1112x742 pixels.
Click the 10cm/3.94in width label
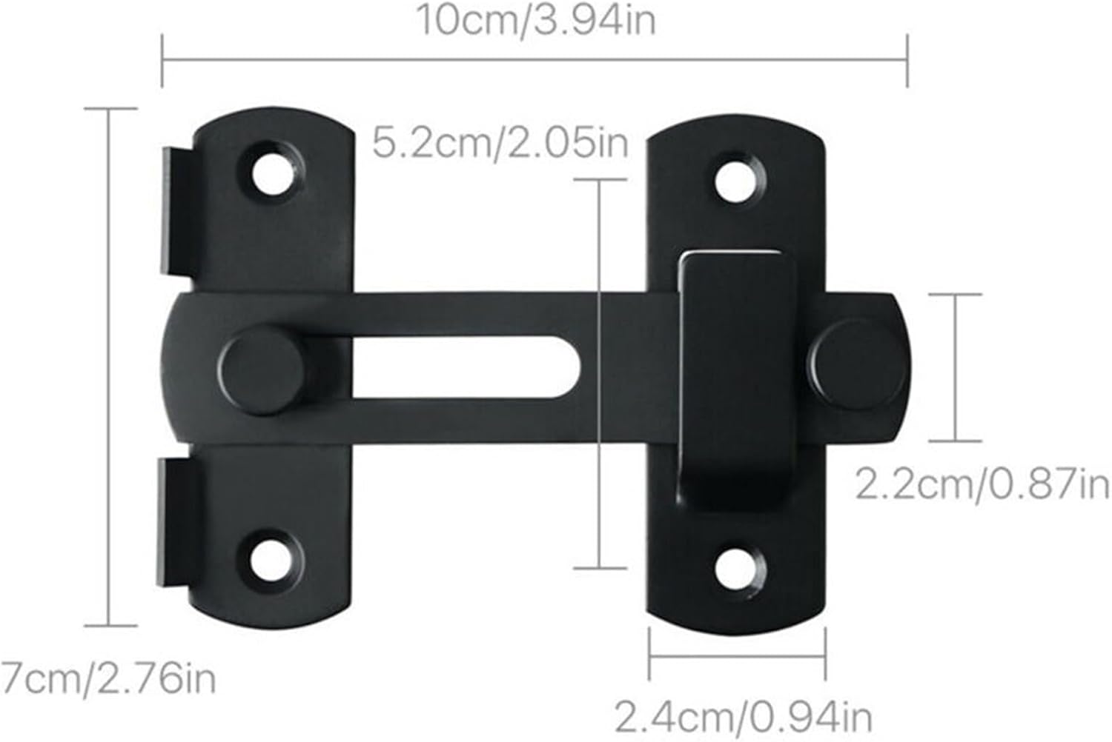[535, 20]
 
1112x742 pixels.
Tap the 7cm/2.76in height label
[107, 678]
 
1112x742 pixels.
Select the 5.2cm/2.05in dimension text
[500, 142]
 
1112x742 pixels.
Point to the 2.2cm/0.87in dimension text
[982, 485]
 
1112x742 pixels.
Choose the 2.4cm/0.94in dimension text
[744, 716]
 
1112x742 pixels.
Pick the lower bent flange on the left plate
[178, 518]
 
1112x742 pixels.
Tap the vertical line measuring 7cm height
[110, 367]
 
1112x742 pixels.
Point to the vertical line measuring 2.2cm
[955, 367]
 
